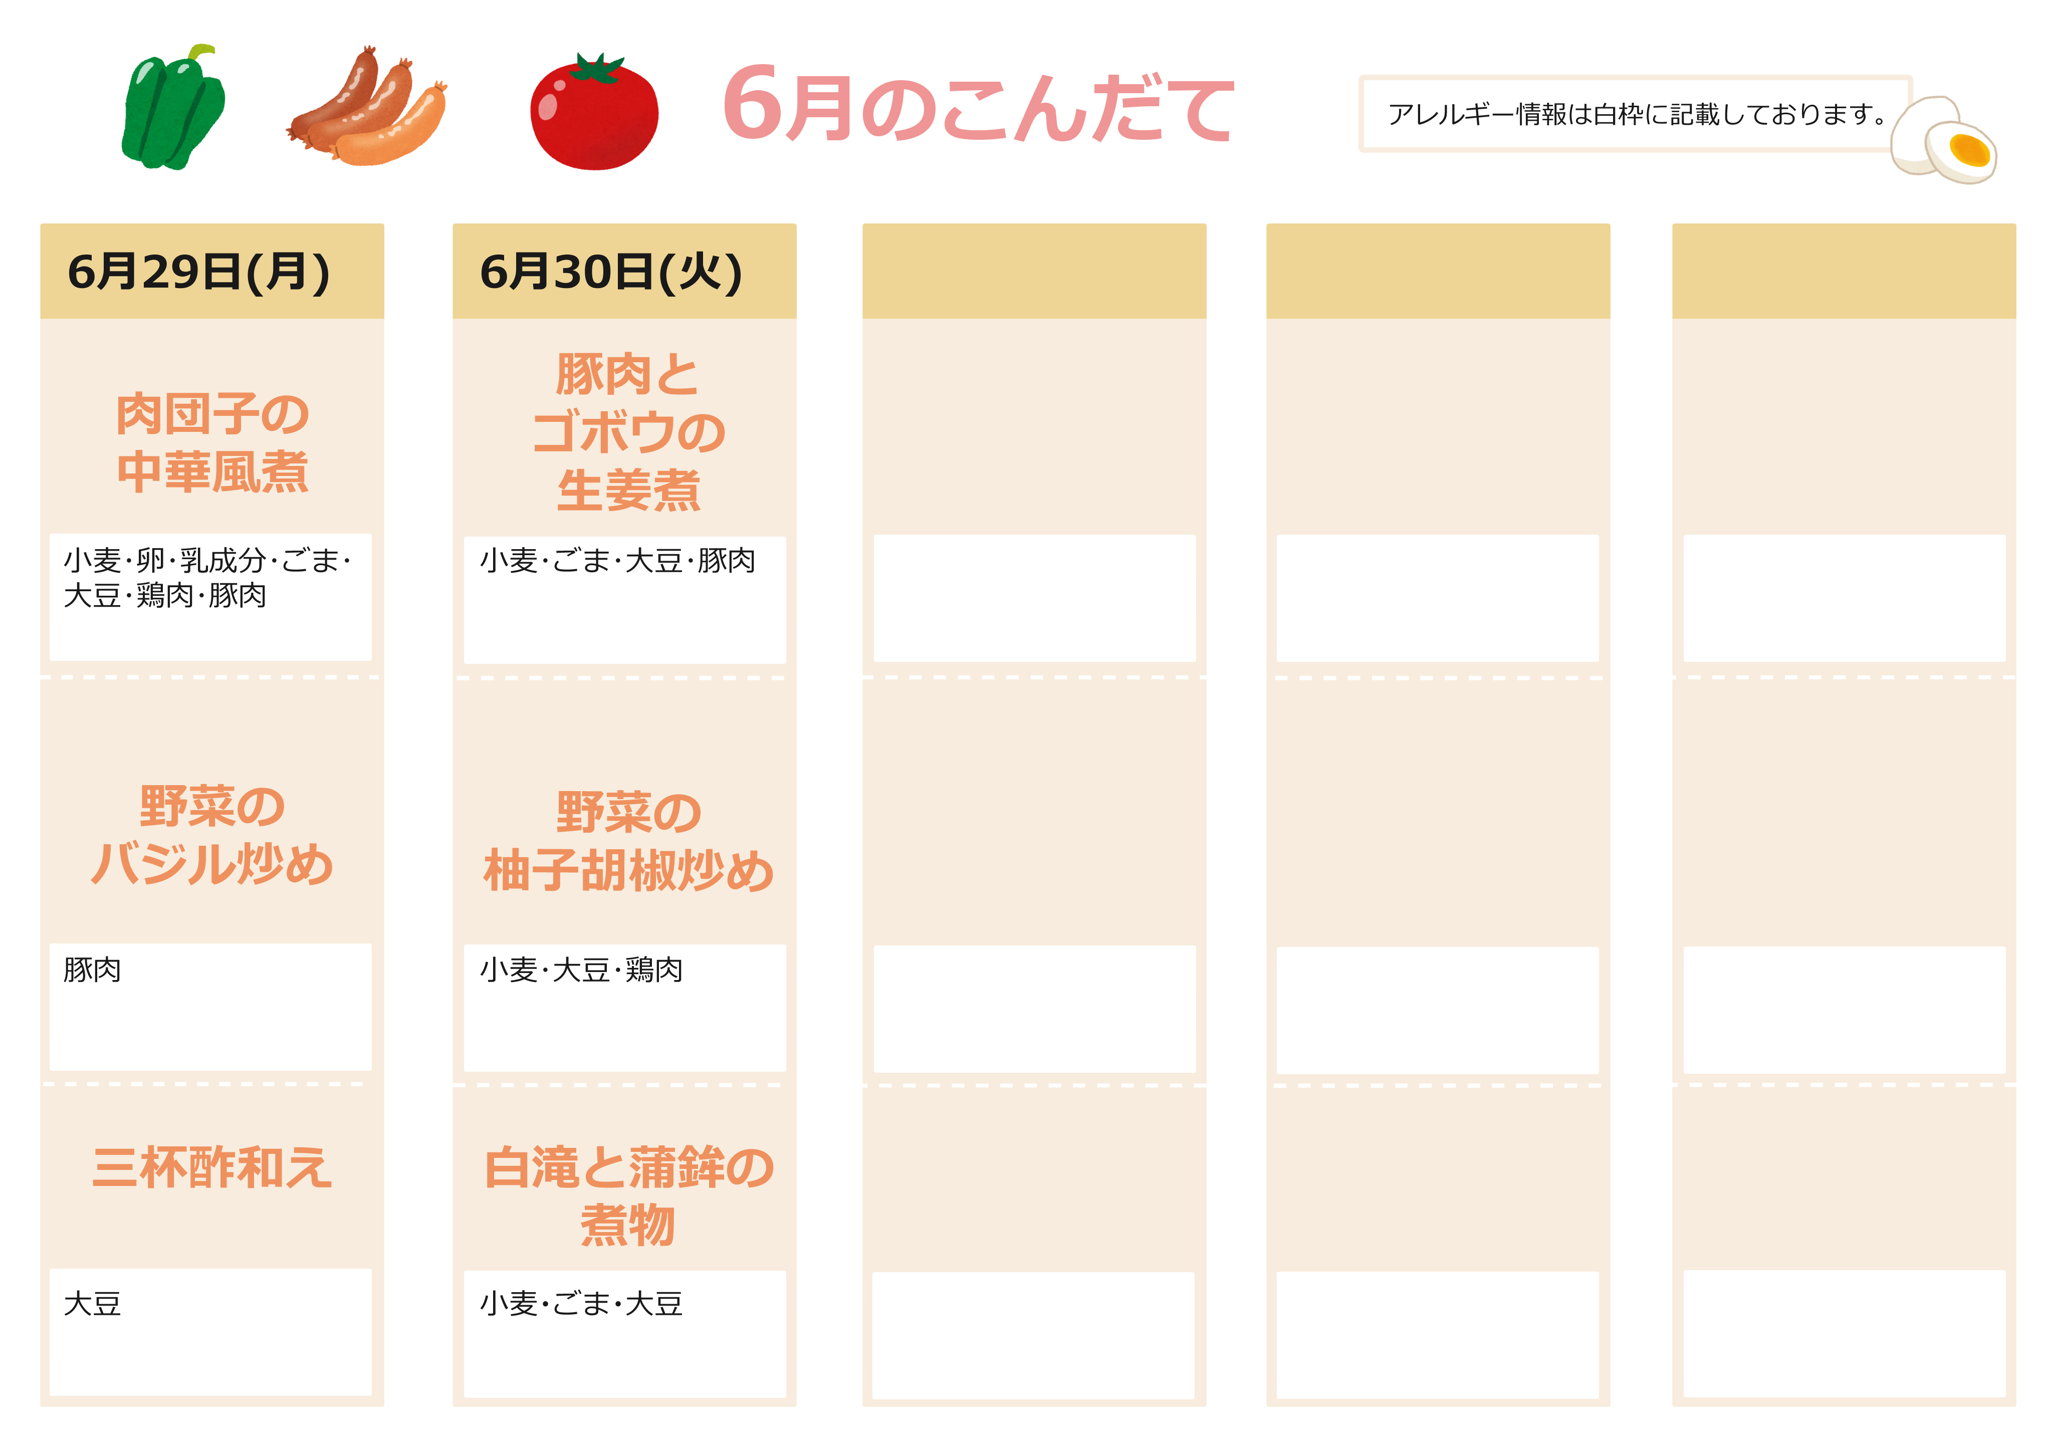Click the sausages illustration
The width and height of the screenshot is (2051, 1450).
tap(366, 107)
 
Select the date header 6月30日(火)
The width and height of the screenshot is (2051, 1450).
tap(611, 272)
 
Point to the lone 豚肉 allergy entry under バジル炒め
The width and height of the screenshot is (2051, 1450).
tap(92, 970)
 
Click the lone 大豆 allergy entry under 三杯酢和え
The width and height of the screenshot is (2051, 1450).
tap(92, 1304)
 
